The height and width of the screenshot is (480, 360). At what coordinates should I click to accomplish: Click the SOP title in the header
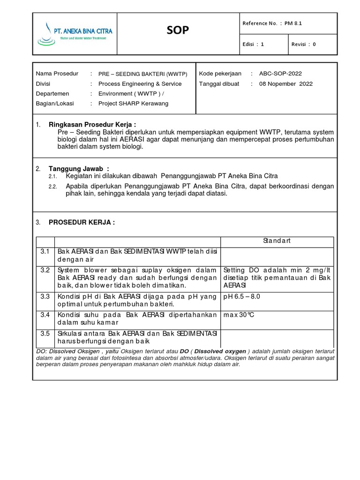(178, 31)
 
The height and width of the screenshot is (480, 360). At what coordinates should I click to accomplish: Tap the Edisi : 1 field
(254, 45)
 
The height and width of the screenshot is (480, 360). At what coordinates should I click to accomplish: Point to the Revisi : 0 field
(304, 45)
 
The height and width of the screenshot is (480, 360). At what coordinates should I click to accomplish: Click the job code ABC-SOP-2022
(280, 74)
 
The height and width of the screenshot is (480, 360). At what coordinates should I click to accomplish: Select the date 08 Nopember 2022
(286, 84)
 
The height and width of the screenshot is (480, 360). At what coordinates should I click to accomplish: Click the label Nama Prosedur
(57, 74)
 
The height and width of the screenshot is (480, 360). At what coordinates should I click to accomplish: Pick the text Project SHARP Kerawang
(133, 104)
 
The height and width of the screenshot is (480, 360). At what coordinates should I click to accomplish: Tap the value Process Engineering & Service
(140, 84)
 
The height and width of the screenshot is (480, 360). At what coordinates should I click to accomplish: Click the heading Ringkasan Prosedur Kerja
(92, 125)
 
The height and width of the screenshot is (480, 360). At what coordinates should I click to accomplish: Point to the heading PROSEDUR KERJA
(82, 222)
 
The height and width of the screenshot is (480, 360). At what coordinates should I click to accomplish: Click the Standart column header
(277, 241)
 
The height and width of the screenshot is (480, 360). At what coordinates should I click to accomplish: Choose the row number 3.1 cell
(45, 252)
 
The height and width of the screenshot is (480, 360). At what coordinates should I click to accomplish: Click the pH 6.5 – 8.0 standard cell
(241, 297)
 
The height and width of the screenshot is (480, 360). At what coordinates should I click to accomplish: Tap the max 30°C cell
(239, 315)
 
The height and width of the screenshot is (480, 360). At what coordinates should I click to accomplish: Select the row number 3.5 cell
(45, 334)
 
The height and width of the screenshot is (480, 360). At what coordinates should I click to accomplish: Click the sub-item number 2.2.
(52, 187)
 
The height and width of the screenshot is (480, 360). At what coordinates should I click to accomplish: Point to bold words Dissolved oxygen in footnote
(220, 352)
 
